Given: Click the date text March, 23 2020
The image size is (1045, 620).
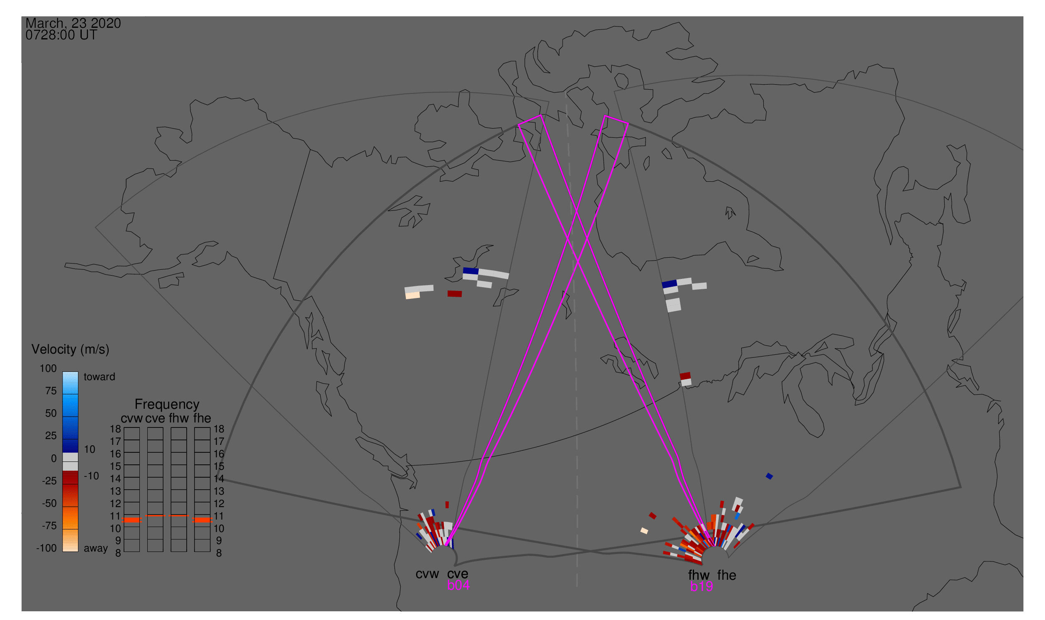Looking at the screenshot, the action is coord(73,23).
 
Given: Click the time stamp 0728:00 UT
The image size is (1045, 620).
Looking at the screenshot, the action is coord(61,35).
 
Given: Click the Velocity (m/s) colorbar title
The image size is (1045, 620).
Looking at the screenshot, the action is coord(71,350).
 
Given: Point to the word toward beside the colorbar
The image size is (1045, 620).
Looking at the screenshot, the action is coord(100,377).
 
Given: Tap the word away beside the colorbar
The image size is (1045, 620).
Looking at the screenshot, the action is coord(96,549).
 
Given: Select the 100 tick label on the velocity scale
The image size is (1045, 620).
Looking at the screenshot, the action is coord(48,369).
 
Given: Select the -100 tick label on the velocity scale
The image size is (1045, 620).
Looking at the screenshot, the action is coord(46,548).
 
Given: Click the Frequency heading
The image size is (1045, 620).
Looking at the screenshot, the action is coord(167,405).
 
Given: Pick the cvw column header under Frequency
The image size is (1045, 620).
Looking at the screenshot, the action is coord(132,419).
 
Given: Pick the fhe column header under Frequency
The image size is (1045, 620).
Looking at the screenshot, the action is coord(202,419).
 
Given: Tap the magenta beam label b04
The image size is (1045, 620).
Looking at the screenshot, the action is coord(458,586).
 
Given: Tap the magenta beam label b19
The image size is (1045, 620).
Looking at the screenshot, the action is coord(702,587).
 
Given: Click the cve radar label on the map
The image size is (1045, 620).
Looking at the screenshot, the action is coord(458,574).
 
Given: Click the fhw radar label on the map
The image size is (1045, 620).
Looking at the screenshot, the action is coord(699,575).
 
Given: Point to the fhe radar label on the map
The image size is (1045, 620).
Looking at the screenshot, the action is coord(727,575).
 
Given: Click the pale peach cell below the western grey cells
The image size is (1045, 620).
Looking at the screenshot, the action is coord(413,295).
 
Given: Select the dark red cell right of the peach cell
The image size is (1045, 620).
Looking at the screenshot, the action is coord(455,294).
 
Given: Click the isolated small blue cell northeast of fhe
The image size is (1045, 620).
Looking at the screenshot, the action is coord(770,476).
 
